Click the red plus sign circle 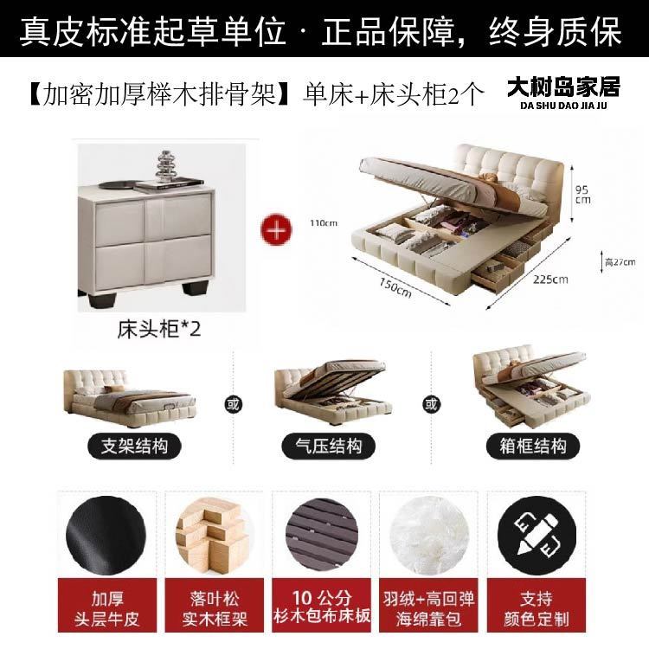tap(276, 229)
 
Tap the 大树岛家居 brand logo tap(563, 93)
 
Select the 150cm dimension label tap(395, 287)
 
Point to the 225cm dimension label tap(550, 280)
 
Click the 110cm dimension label tap(324, 223)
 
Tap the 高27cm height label tap(620, 262)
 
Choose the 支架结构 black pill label tap(134, 447)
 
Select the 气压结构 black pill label tap(328, 447)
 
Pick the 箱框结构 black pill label tap(533, 447)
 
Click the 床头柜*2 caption tap(159, 330)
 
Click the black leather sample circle tap(106, 536)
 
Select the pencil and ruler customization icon tap(537, 536)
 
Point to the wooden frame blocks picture tap(214, 536)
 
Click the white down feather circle tap(429, 536)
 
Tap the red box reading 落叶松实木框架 tap(214, 605)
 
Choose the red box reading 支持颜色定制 tap(536, 605)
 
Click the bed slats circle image tap(322, 536)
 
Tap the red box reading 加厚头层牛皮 tap(107, 605)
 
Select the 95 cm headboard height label tap(582, 195)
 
